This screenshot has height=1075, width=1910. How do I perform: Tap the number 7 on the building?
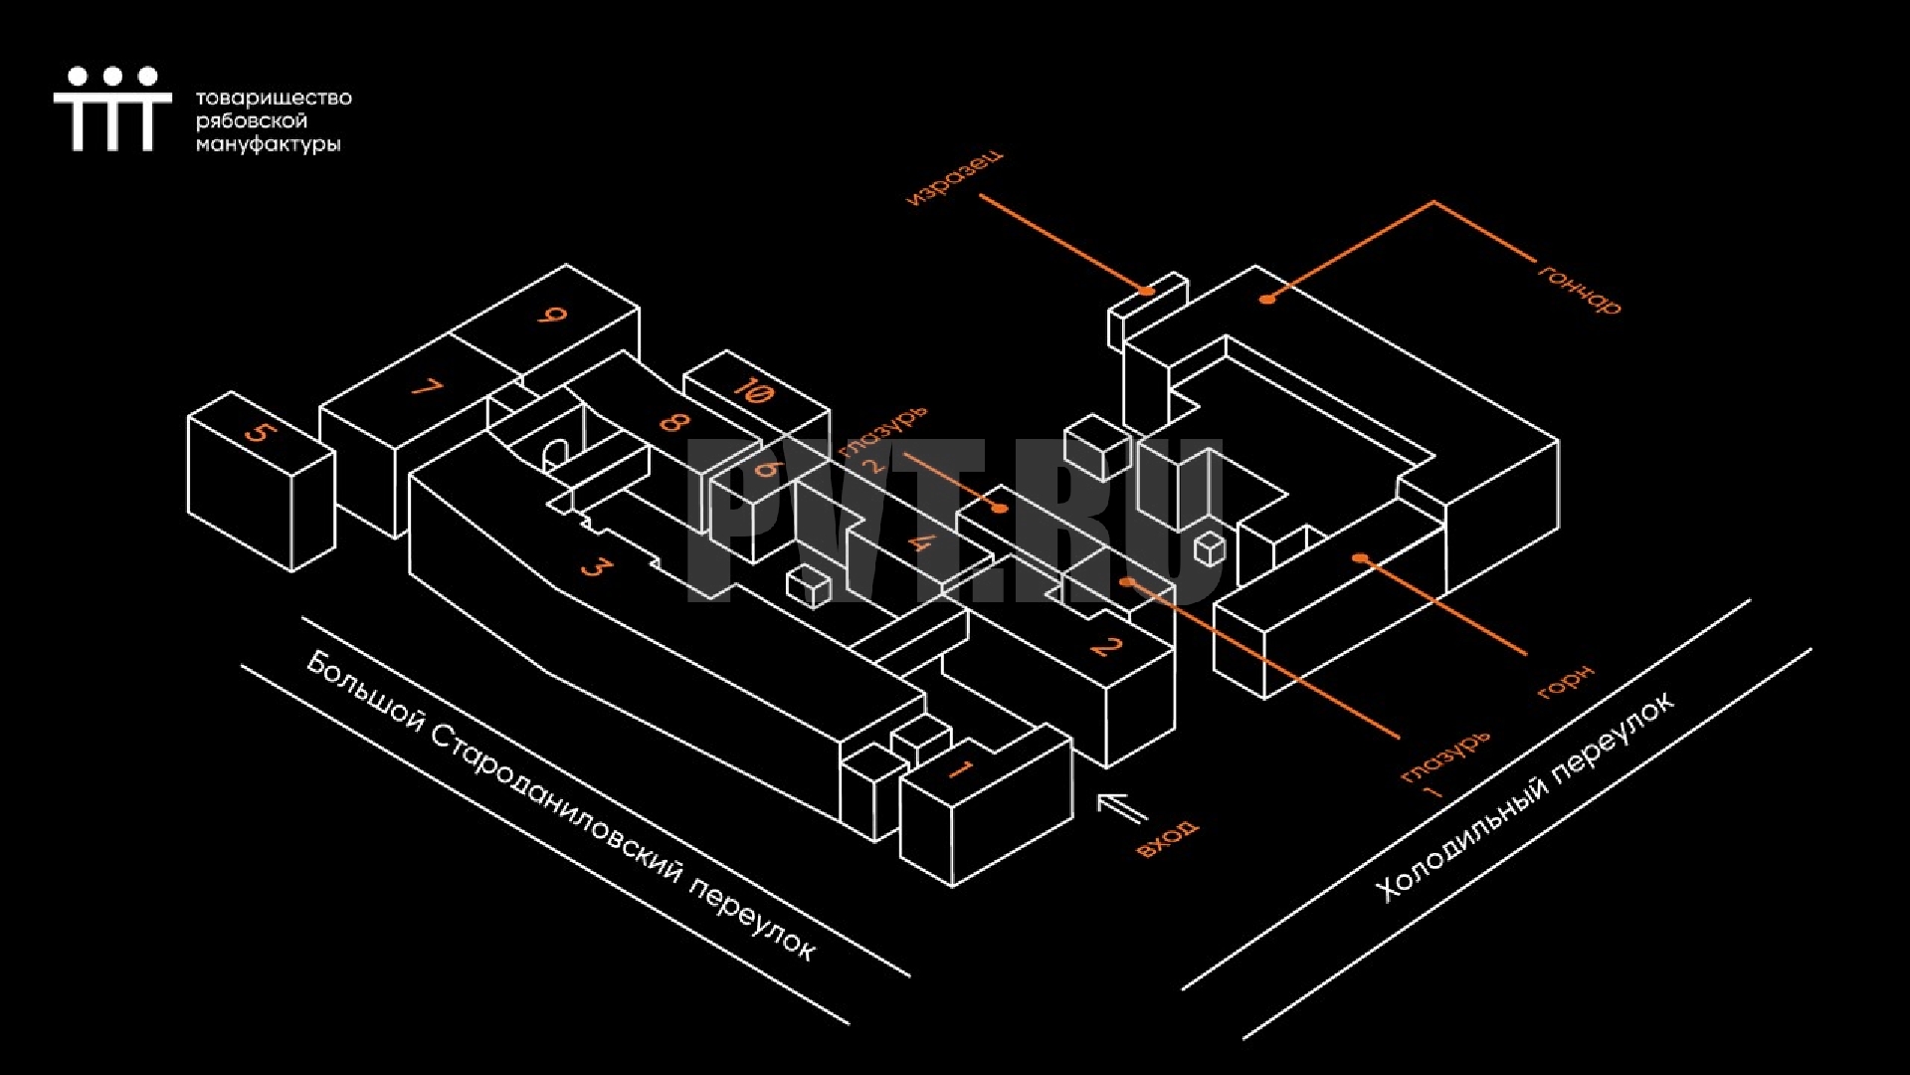[x=427, y=387]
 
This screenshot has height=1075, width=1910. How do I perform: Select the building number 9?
[x=552, y=316]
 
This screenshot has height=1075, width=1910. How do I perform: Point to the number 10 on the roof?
[x=753, y=389]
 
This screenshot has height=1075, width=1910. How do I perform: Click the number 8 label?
[x=673, y=422]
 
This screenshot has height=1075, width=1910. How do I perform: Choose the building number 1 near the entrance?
[x=961, y=768]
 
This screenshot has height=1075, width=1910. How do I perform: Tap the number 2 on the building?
[x=1106, y=647]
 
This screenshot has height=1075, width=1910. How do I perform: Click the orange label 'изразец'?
[x=954, y=178]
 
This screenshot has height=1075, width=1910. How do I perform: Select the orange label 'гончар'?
[x=1580, y=290]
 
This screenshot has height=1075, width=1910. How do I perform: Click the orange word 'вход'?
[x=1167, y=838]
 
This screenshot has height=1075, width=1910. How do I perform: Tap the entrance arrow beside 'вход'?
[x=1122, y=807]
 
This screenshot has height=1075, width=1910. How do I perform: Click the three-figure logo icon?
[x=112, y=108]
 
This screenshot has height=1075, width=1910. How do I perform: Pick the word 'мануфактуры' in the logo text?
[x=268, y=145]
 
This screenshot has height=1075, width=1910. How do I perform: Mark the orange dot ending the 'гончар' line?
[x=1266, y=298]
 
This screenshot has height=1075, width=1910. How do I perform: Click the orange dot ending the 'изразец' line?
[x=1147, y=291]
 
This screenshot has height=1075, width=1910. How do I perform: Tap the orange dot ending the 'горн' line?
[x=1359, y=557]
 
